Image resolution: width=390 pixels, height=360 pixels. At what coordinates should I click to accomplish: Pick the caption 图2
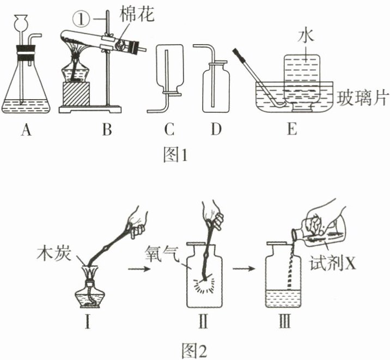point(194,349)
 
